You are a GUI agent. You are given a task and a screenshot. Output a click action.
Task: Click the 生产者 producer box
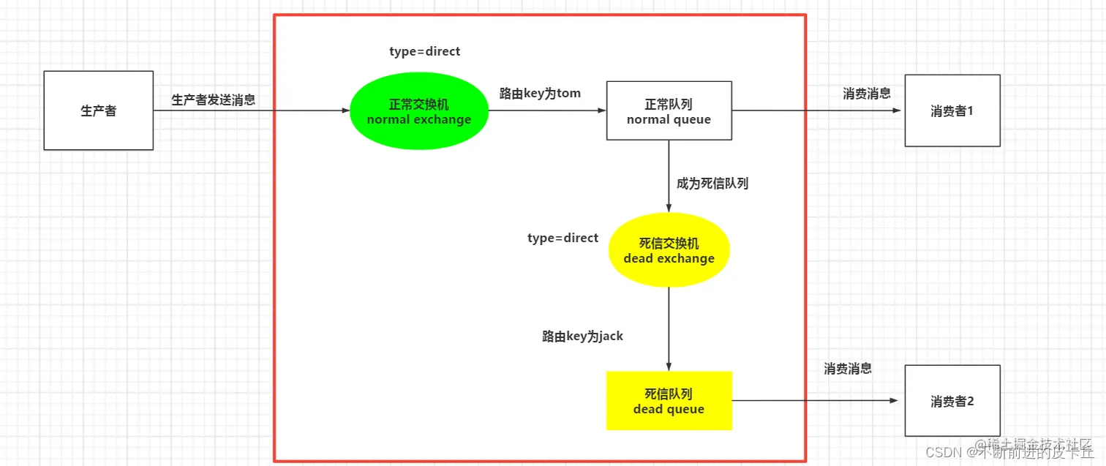[98, 110]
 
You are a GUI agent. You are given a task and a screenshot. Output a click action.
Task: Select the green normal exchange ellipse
[418, 111]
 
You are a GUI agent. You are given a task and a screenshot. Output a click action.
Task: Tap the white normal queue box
[669, 110]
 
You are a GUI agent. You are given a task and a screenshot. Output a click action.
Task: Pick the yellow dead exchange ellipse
[669, 249]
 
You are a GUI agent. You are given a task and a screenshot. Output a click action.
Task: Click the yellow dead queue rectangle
[669, 400]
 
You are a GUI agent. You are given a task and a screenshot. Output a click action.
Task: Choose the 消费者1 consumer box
[952, 110]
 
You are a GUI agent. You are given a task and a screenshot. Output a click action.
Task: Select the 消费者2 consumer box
[952, 401]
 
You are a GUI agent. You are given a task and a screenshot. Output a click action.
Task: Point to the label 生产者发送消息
[213, 99]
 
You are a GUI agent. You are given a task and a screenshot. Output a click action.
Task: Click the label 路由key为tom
[540, 93]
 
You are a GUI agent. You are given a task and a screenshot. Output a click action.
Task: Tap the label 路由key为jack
[582, 336]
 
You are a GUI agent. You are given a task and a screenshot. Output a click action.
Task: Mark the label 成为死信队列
[712, 183]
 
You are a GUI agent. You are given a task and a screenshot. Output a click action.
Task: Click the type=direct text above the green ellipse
[424, 52]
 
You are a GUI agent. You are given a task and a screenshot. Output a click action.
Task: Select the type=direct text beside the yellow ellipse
[563, 238]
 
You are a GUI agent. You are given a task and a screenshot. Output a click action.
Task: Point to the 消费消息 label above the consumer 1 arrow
[866, 93]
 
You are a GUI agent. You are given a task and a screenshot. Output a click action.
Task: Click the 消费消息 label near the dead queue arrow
[847, 368]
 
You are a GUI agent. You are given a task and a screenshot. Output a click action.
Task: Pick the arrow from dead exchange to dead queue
[669, 329]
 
